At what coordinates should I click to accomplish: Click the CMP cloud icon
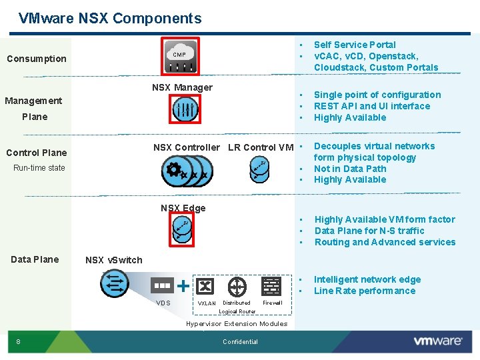[x=181, y=56]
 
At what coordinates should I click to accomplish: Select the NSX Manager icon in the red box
[x=184, y=109]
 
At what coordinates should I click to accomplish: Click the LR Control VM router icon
[x=259, y=170]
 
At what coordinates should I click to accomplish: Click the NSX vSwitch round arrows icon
[x=115, y=284]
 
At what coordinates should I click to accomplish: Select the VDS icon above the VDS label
[x=163, y=286]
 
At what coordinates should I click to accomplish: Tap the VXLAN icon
[x=205, y=286]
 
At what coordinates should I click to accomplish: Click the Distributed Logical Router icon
[x=237, y=287]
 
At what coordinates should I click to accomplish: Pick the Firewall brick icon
[x=271, y=286]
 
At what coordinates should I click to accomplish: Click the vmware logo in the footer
[x=438, y=341]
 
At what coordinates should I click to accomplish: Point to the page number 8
[x=18, y=342]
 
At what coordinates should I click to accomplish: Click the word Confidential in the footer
[x=240, y=342]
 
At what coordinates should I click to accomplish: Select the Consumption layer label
[x=37, y=59]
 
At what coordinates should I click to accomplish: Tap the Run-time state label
[x=39, y=168]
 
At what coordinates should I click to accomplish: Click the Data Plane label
[x=35, y=259]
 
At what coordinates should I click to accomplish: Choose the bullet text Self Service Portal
[x=355, y=45]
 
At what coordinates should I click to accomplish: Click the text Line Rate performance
[x=364, y=291]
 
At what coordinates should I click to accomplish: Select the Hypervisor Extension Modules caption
[x=237, y=324]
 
